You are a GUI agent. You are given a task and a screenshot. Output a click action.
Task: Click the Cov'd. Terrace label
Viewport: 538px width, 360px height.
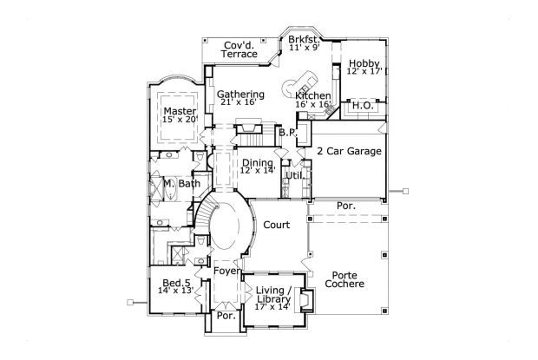pyautogui.click(x=239, y=49)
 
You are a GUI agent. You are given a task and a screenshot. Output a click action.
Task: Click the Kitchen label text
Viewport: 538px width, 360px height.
pyautogui.click(x=312, y=95)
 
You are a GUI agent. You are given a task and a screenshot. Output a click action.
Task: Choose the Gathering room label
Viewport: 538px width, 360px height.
pyautogui.click(x=240, y=94)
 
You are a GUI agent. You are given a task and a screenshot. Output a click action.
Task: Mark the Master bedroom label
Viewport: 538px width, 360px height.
pyautogui.click(x=180, y=111)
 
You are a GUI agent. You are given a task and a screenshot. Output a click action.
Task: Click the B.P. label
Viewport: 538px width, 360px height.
pyautogui.click(x=288, y=132)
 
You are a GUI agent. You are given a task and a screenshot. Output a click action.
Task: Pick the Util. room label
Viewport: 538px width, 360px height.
pyautogui.click(x=293, y=175)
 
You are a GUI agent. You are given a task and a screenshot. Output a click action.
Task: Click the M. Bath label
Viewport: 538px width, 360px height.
pyautogui.click(x=182, y=185)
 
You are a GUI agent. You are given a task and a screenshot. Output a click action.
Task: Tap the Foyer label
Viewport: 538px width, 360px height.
pyautogui.click(x=227, y=272)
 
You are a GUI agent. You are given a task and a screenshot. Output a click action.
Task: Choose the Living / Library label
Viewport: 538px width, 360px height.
pyautogui.click(x=274, y=294)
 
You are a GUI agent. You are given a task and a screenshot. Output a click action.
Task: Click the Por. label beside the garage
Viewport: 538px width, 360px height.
pyautogui.click(x=344, y=206)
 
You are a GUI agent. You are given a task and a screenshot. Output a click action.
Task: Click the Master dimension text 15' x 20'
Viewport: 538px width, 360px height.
pyautogui.click(x=180, y=120)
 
